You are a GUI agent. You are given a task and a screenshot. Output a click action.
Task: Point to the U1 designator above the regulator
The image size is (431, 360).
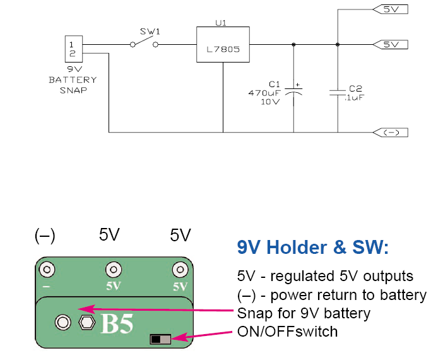tap(221, 22)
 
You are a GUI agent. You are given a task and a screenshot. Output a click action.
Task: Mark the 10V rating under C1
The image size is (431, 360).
tap(270, 101)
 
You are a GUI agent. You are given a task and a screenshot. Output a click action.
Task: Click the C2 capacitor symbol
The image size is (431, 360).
tap(338, 92)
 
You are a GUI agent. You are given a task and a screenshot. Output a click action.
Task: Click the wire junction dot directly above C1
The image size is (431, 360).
tap(294, 45)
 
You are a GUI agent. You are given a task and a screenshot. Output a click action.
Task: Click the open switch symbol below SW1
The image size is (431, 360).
tap(144, 44)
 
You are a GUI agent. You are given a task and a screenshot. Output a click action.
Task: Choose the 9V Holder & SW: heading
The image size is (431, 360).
tap(312, 248)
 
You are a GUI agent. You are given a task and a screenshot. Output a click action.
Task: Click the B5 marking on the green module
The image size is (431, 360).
tap(117, 324)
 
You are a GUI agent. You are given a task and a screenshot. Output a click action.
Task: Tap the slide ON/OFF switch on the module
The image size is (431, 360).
tap(161, 340)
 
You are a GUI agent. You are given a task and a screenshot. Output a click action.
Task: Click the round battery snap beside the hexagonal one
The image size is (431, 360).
tap(62, 322)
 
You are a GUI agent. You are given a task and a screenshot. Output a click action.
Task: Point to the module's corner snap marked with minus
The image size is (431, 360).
tap(45, 270)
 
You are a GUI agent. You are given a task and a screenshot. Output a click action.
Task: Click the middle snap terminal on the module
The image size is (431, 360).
tap(113, 270)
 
